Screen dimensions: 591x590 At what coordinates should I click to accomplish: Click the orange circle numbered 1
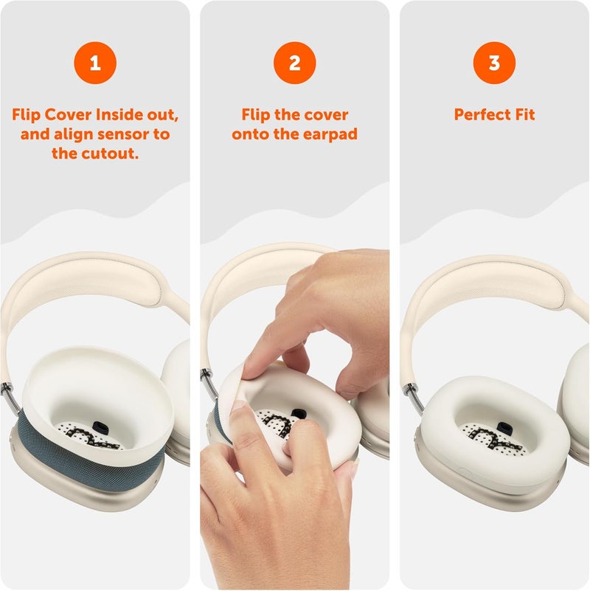tap(94, 63)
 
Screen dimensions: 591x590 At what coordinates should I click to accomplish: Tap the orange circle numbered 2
tap(294, 63)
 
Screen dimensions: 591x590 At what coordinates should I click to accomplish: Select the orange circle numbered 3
tap(494, 63)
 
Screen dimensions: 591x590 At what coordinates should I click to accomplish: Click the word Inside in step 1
tap(122, 115)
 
